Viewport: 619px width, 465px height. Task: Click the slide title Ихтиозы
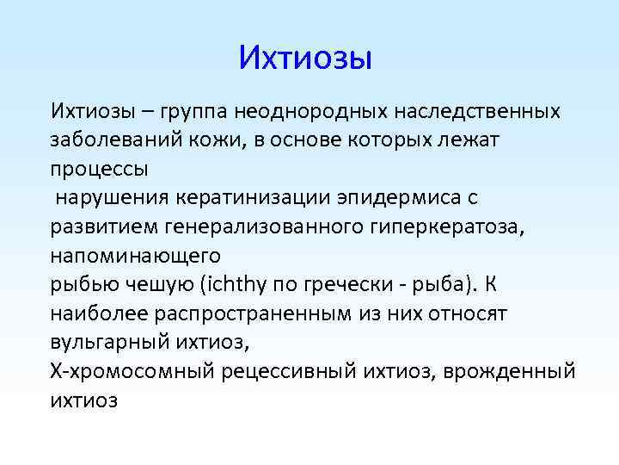[304, 58]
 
